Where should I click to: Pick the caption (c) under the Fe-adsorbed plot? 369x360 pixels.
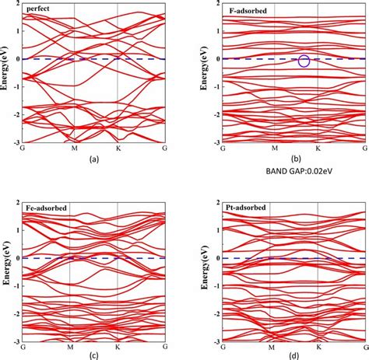(x=94, y=355)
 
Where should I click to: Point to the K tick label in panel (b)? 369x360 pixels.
(x=318, y=148)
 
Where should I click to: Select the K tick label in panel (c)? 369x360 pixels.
(x=118, y=346)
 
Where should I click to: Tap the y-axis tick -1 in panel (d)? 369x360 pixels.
(x=216, y=285)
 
